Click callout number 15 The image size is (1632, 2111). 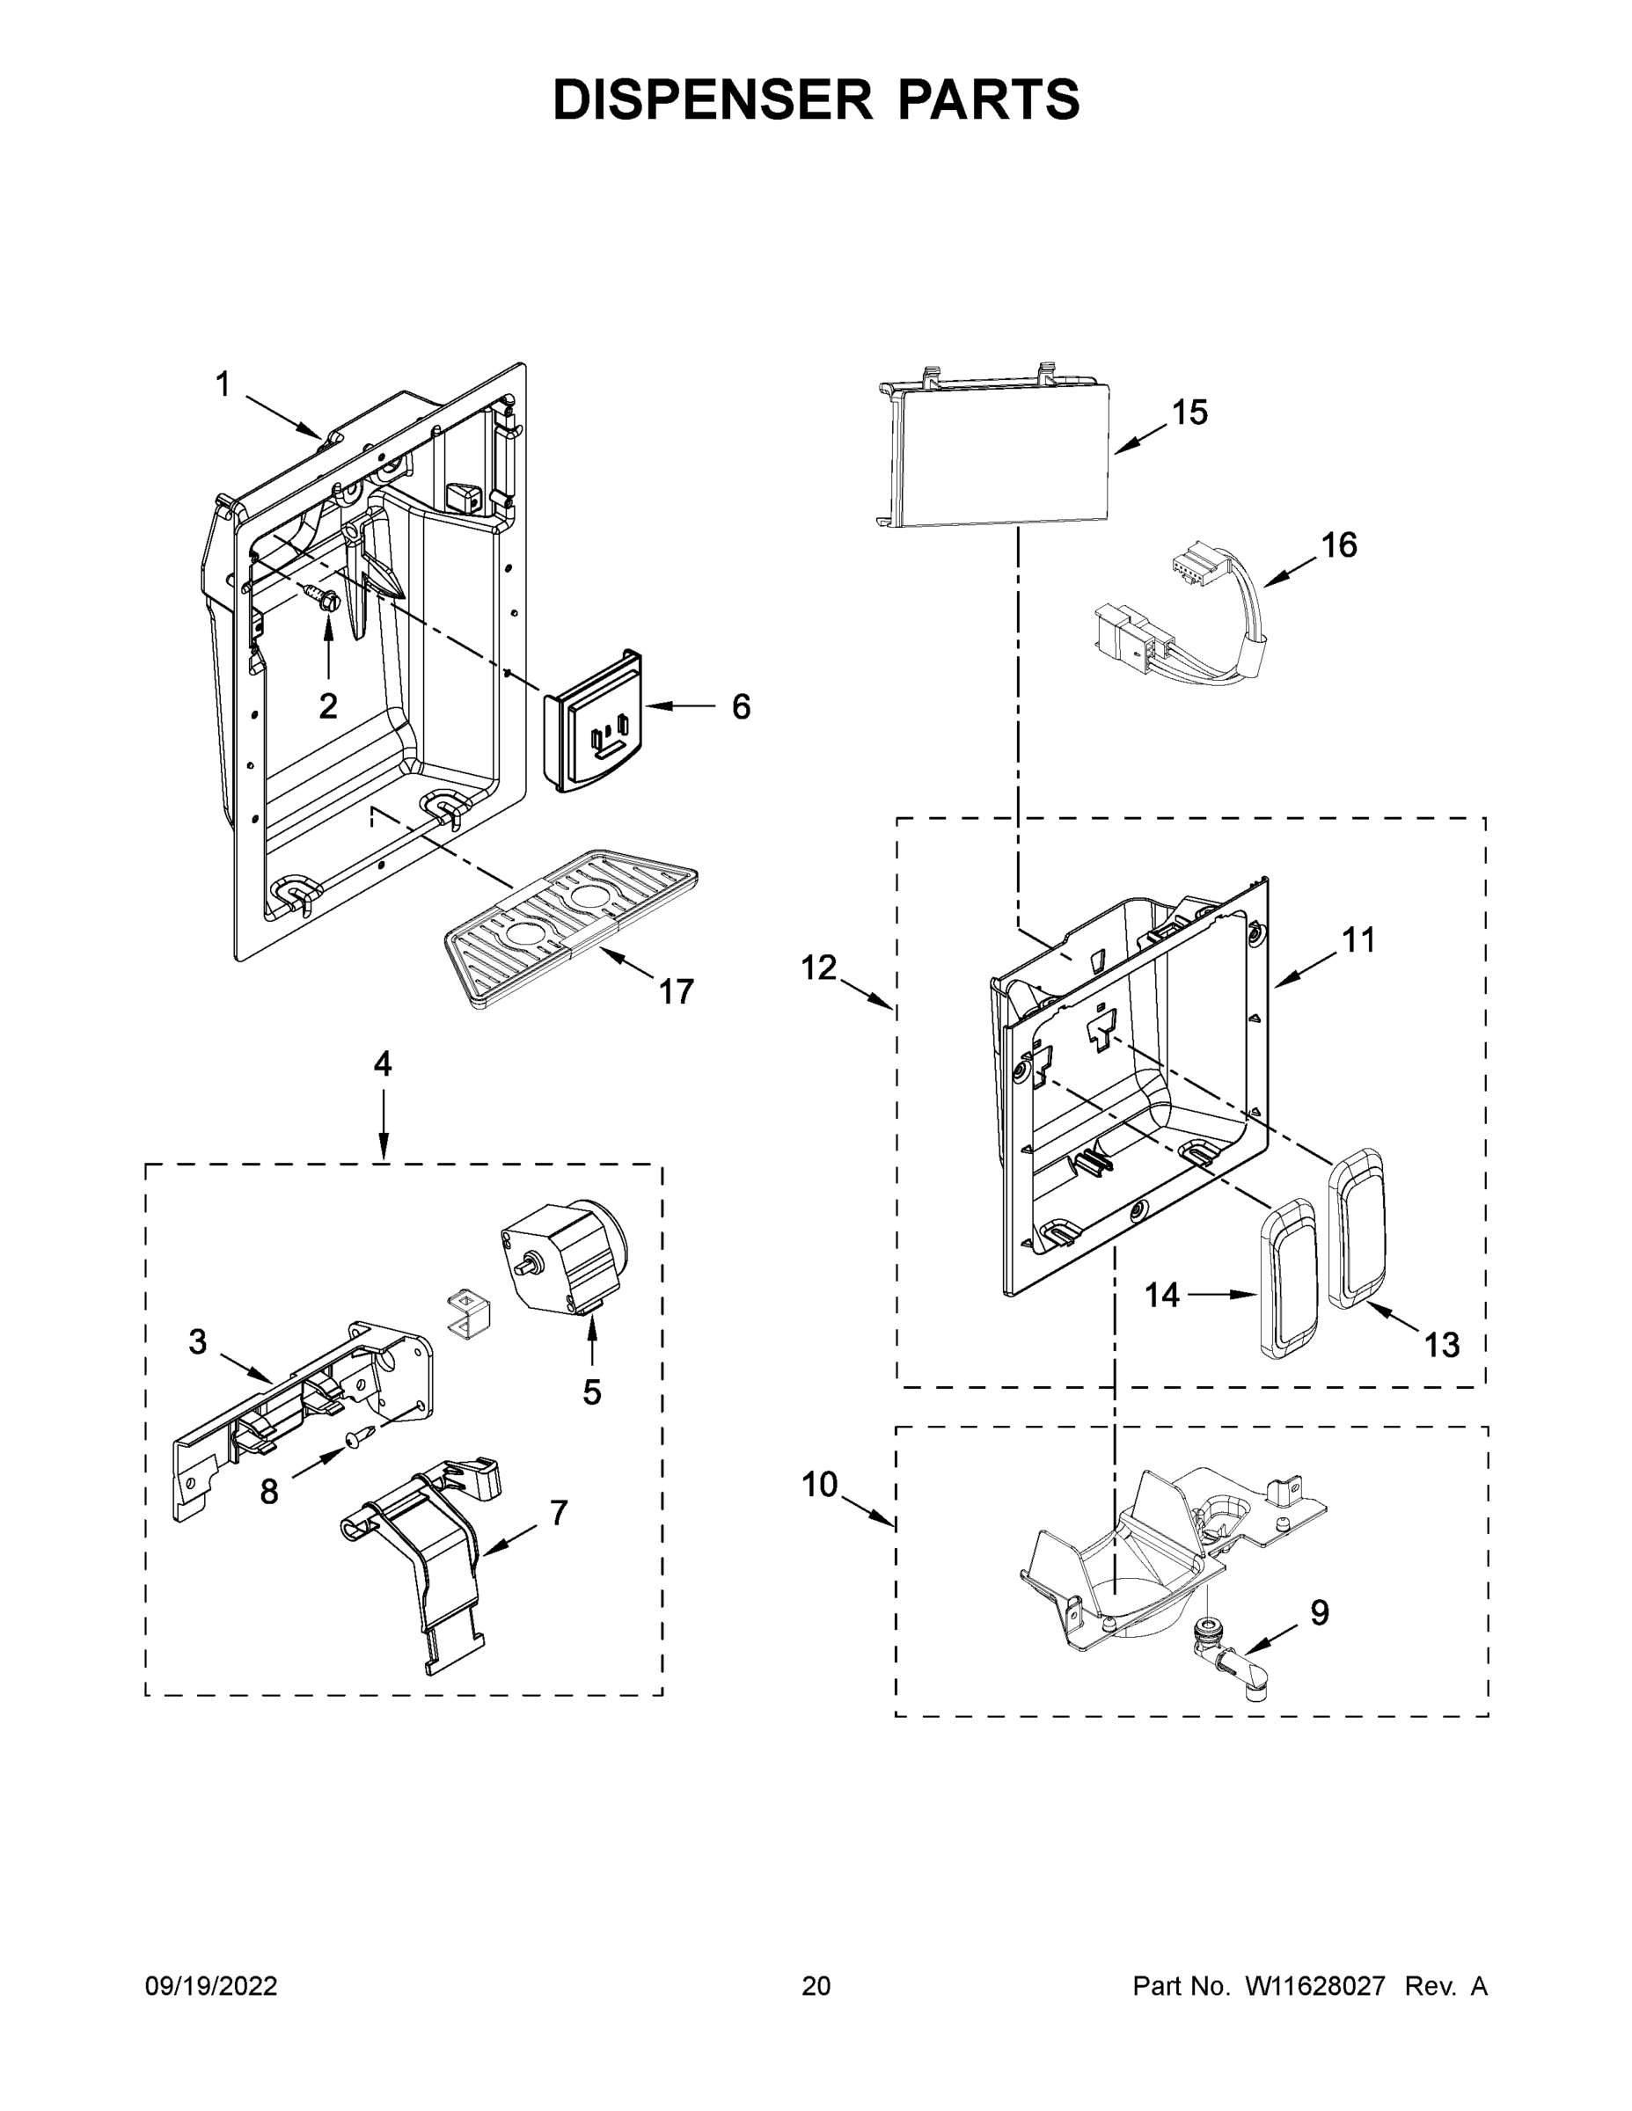pyautogui.click(x=1189, y=413)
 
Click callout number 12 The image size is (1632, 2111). pyautogui.click(x=818, y=968)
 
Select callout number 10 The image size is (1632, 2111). pyautogui.click(x=819, y=1484)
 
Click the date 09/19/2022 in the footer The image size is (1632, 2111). pyautogui.click(x=211, y=1986)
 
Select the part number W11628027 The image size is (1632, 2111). pyautogui.click(x=1315, y=1986)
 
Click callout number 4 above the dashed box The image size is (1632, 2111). pyautogui.click(x=383, y=1064)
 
